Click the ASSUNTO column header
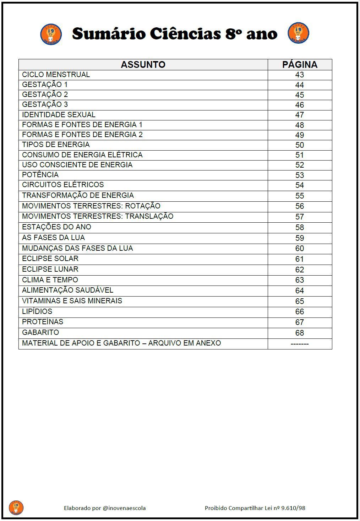pyautogui.click(x=143, y=65)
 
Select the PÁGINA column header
pyautogui.click(x=300, y=65)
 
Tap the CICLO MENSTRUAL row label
pyautogui.click(x=56, y=75)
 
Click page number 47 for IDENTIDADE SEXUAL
pyautogui.click(x=300, y=115)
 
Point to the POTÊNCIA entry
pyautogui.click(x=40, y=175)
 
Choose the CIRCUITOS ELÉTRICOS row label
pyautogui.click(x=63, y=185)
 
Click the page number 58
pyautogui.click(x=300, y=227)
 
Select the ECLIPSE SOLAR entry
pyautogui.click(x=50, y=259)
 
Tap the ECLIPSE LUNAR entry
pyautogui.click(x=50, y=269)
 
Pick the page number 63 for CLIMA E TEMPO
pyautogui.click(x=300, y=280)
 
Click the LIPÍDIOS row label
pyautogui.click(x=37, y=311)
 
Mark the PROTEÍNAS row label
pyautogui.click(x=43, y=322)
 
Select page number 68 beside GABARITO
pyautogui.click(x=300, y=333)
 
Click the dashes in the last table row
pyautogui.click(x=300, y=344)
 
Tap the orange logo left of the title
pyautogui.click(x=51, y=34)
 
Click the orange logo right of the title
pyautogui.click(x=298, y=33)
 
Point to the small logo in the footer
pyautogui.click(x=16, y=508)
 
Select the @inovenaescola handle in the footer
pyautogui.click(x=124, y=508)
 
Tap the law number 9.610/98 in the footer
pyautogui.click(x=293, y=508)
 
